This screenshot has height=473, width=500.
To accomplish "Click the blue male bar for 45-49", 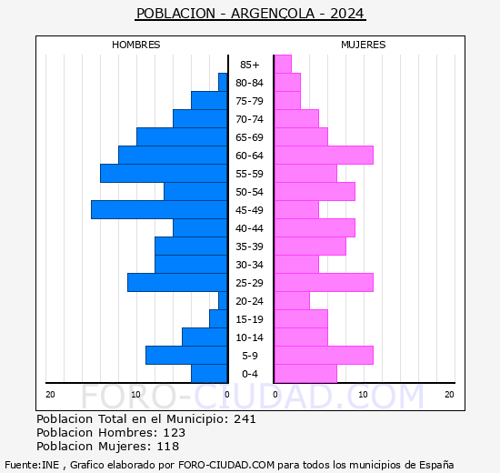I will [159, 209].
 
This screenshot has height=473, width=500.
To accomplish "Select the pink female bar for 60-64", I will [323, 155].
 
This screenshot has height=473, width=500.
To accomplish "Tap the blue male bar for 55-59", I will [164, 173].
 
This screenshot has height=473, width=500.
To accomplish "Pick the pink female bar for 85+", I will [282, 64].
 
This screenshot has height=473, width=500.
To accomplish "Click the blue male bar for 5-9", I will [186, 355].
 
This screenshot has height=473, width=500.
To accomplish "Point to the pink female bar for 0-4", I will [305, 373].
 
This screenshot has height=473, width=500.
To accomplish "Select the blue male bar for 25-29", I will [177, 282].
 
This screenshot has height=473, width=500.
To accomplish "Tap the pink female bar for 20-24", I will [291, 300].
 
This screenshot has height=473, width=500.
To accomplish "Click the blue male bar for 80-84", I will [223, 82].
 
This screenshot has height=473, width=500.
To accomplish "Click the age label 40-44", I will [250, 228].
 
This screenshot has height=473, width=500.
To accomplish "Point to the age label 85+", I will [250, 65].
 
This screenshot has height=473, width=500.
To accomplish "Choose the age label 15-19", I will [250, 319].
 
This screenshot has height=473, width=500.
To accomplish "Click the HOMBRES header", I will [136, 45].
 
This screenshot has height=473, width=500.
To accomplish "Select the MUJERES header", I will [364, 45].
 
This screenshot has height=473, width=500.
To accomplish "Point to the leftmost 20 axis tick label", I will [51, 394].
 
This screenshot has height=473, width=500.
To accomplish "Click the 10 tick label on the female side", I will [364, 394].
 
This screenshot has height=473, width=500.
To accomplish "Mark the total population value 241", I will [245, 419].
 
